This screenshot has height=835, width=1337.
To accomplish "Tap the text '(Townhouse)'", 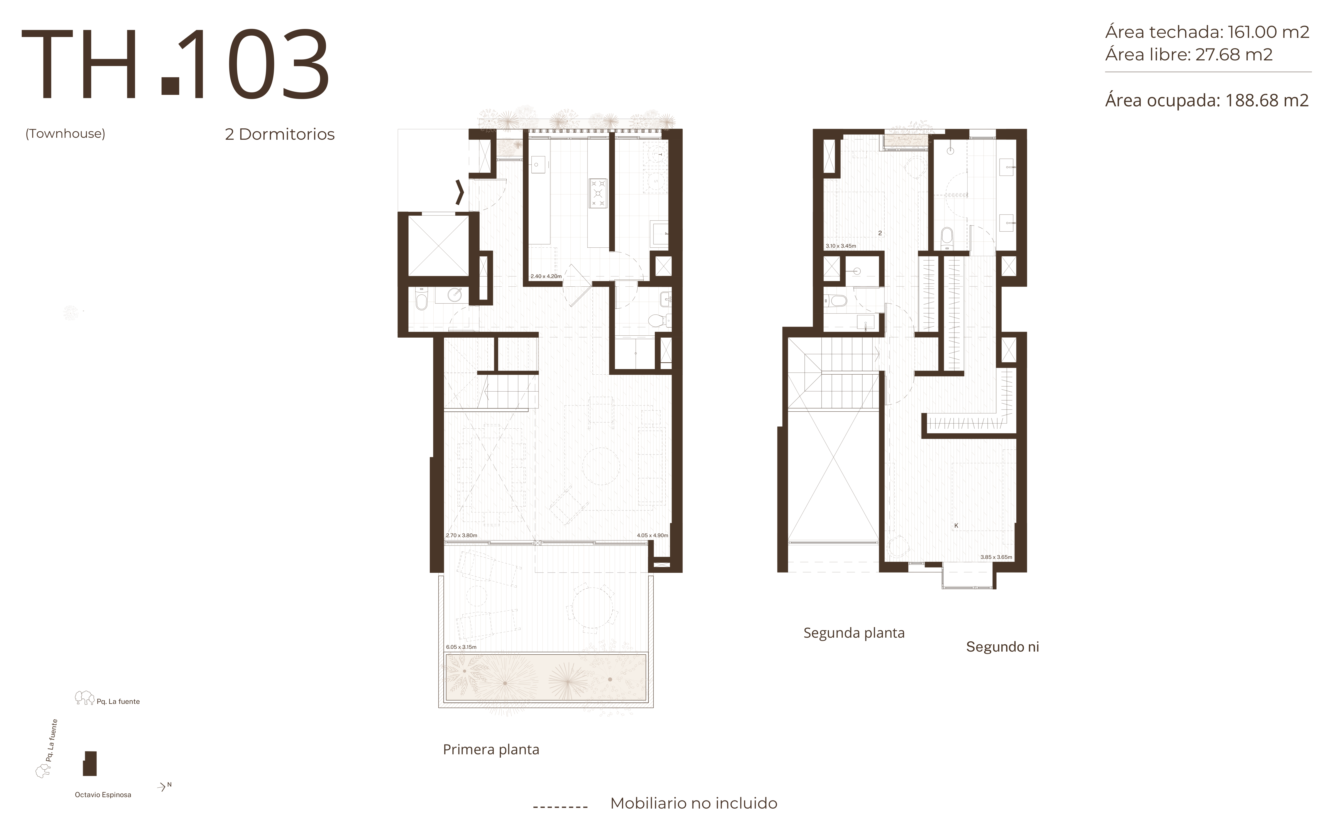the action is [x=65, y=134].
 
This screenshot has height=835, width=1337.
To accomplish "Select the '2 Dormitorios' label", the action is [x=280, y=134].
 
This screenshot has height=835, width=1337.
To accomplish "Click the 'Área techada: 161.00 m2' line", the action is [x=1207, y=32].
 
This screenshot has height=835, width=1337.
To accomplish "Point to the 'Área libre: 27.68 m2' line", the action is [x=1189, y=55].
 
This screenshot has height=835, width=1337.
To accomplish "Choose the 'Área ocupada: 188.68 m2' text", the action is [x=1207, y=100].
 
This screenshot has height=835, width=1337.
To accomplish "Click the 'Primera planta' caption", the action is [x=491, y=749].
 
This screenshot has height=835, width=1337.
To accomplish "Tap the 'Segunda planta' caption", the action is [x=854, y=633].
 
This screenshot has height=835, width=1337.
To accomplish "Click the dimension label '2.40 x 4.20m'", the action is [x=546, y=276].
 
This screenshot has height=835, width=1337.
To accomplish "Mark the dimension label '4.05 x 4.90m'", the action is [x=652, y=535].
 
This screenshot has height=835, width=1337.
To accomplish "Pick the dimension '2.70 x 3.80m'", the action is [x=461, y=535].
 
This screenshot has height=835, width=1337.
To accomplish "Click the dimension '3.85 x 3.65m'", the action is [x=996, y=557].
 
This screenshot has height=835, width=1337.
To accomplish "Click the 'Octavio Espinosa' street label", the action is [x=103, y=795].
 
